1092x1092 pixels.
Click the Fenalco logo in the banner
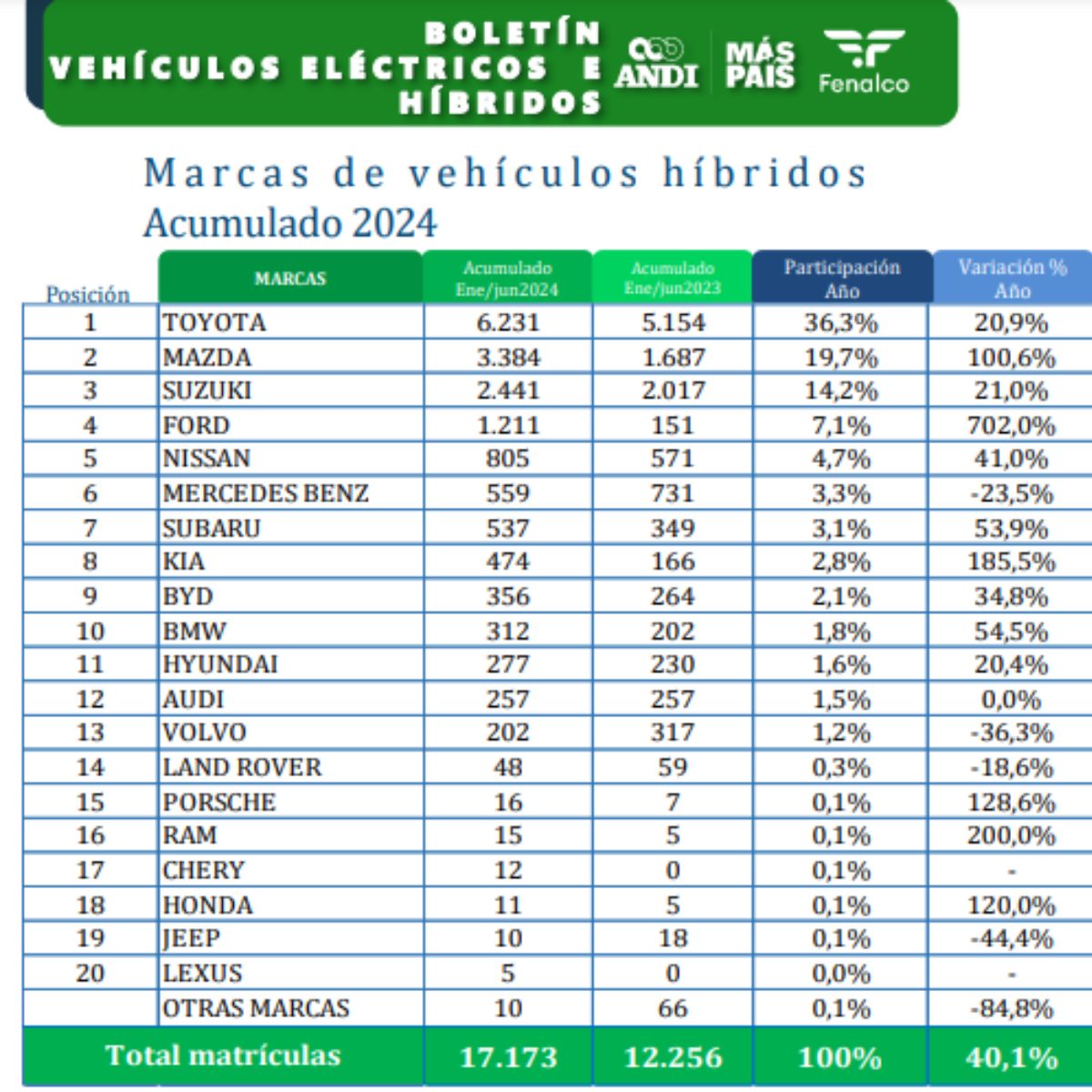click(x=864, y=62)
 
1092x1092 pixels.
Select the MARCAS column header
click(x=289, y=278)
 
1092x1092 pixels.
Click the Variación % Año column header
click(x=1012, y=278)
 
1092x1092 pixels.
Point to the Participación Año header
click(x=842, y=278)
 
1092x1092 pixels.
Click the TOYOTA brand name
click(x=215, y=323)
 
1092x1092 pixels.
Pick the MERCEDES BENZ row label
click(x=266, y=493)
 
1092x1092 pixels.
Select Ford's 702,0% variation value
click(x=1011, y=426)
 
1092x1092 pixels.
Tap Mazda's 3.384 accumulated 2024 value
click(x=508, y=358)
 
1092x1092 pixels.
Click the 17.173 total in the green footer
click(x=507, y=1057)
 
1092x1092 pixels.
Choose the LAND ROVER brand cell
click(x=242, y=767)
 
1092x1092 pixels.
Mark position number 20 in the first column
click(x=90, y=974)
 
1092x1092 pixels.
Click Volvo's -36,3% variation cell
click(x=1011, y=733)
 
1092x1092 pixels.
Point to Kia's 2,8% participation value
click(x=841, y=562)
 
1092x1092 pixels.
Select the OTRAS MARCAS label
click(x=256, y=1008)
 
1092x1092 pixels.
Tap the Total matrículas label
click(x=223, y=1056)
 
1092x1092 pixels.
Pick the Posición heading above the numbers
click(x=88, y=294)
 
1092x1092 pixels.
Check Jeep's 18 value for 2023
click(x=672, y=938)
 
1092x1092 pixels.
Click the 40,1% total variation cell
click(x=1011, y=1057)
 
